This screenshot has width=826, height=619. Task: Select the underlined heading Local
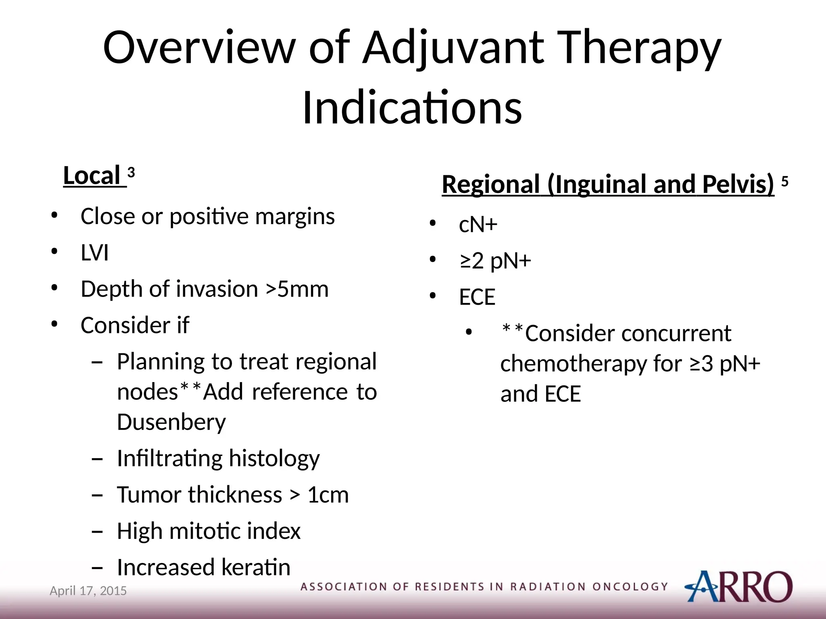92,176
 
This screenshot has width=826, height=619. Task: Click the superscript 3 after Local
131,173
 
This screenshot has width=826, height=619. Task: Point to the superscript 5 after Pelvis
785,181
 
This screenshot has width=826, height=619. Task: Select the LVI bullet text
95,253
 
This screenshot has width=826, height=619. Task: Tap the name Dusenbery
171,422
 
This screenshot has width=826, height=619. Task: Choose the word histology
274,459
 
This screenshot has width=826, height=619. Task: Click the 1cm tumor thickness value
328,495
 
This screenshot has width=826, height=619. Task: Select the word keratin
256,567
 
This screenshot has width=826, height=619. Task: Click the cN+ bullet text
478,224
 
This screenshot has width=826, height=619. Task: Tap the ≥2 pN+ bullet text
495,261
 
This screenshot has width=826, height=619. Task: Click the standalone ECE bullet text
477,297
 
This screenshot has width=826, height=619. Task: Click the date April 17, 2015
88,591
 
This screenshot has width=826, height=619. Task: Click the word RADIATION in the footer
548,587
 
